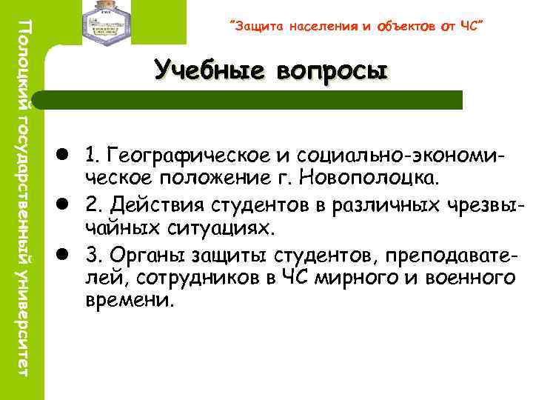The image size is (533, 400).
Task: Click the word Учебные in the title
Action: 210,71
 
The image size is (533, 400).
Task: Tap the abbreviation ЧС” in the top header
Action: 471,27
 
